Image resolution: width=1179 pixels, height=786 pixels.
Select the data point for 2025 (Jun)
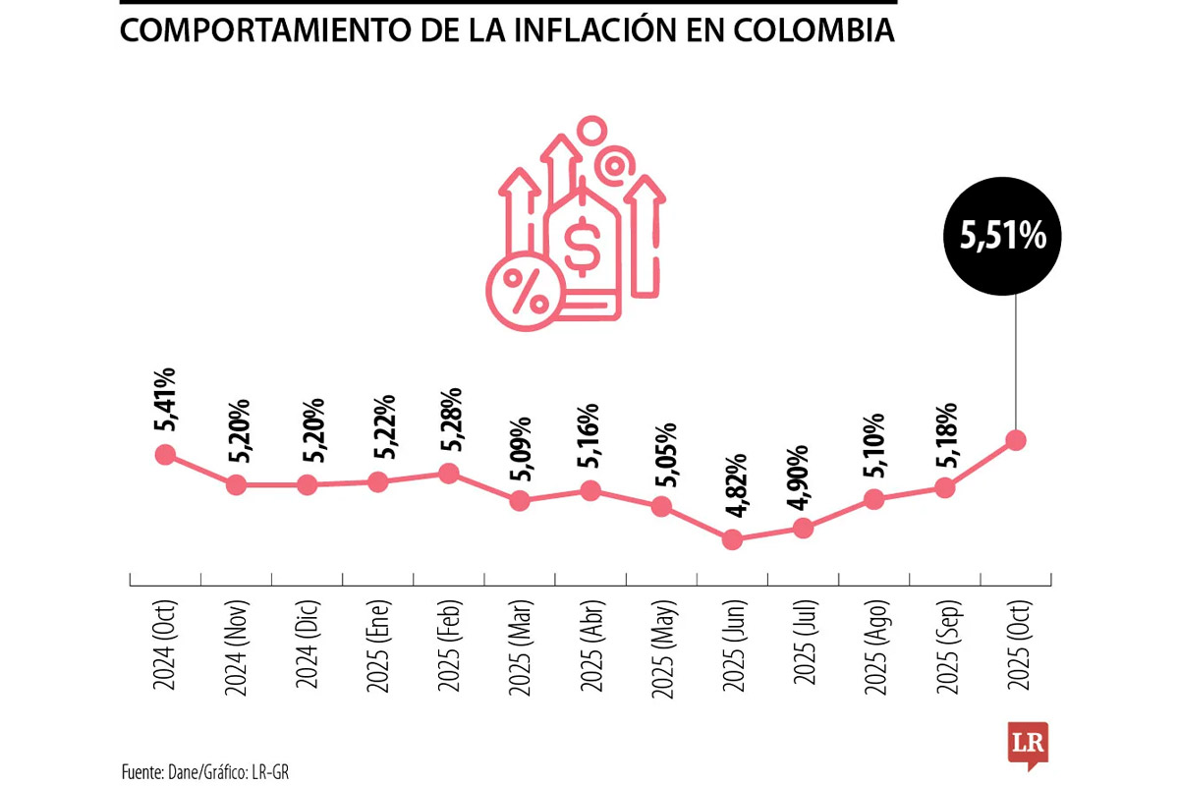732,539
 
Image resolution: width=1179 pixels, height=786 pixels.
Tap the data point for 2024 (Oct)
165,454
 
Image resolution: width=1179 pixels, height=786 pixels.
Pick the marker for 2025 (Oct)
1016,440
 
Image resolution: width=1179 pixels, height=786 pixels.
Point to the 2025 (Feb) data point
449,473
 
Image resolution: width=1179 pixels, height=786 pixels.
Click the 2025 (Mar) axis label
521,648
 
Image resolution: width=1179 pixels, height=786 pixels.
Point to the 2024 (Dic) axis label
308,648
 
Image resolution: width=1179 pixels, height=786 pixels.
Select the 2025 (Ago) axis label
874,648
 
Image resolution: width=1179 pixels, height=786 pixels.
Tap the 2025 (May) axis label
662,648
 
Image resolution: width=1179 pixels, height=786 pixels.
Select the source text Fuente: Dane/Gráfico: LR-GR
205,771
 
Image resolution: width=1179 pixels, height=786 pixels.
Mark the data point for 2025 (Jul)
803,528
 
